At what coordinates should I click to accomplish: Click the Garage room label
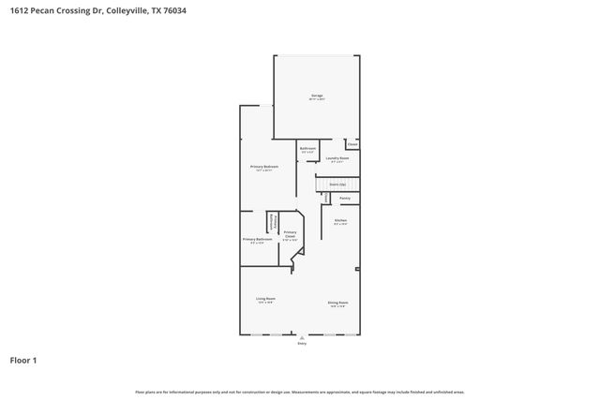click(317, 96)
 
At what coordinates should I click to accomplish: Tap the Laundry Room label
click(337, 158)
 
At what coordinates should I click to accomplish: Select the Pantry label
click(344, 198)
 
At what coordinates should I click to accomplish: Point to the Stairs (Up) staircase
click(336, 185)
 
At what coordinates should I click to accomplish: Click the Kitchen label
click(340, 220)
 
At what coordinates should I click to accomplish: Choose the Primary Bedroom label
click(263, 167)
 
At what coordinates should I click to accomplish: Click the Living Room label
click(265, 299)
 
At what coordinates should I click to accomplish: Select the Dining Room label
click(337, 303)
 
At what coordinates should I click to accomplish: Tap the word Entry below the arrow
click(302, 344)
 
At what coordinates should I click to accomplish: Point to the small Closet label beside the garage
click(352, 143)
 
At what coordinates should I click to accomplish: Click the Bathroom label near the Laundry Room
click(307, 149)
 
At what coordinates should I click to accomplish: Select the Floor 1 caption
click(23, 360)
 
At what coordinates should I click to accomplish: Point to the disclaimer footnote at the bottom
click(300, 392)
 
